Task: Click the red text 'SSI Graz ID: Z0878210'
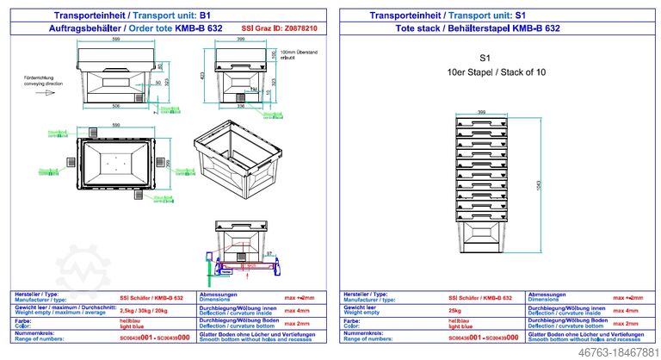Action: [x=280, y=28]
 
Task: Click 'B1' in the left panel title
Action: [x=204, y=16]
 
